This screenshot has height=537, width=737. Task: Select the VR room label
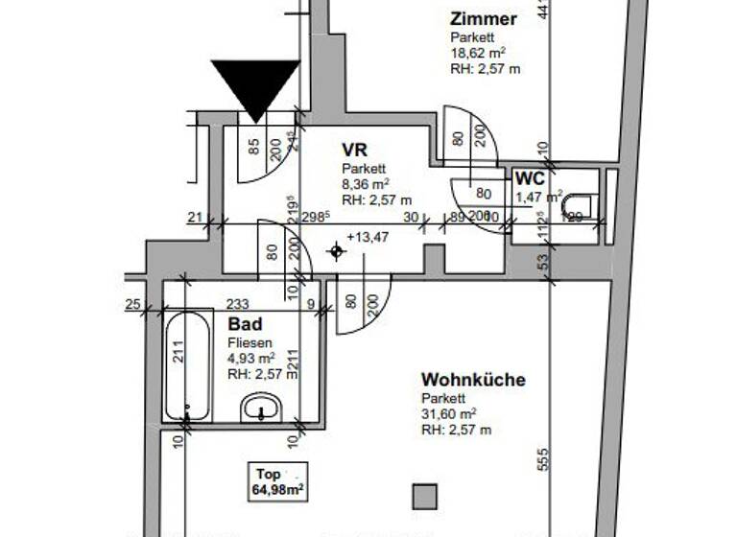pos(355,150)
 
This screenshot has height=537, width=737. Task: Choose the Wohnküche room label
pos(473,380)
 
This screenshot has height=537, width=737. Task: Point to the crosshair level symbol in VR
pos(336,252)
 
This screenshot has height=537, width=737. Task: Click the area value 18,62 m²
pos(478,54)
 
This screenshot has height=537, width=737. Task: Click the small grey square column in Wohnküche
pos(424,496)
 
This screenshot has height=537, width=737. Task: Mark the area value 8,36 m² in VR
pos(367,184)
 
